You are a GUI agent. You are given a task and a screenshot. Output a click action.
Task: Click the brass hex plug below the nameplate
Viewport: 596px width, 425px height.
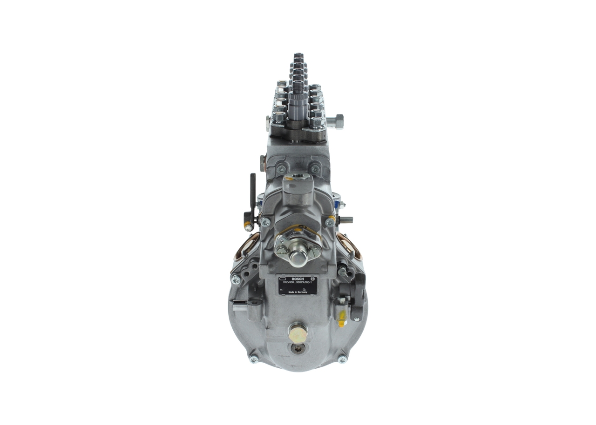298,332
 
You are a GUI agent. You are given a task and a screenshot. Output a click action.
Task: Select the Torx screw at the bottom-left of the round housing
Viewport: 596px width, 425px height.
254,359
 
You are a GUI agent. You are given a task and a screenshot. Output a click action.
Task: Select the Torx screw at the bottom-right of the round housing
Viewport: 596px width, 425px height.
342,359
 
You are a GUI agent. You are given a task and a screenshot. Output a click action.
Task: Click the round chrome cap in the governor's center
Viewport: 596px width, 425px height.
298,258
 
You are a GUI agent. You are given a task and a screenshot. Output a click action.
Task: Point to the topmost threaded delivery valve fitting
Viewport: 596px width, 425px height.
298,57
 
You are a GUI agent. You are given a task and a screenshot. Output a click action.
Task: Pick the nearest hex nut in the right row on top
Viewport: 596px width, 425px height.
317,122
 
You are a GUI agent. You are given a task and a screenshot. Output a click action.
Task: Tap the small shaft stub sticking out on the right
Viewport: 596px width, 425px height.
347,220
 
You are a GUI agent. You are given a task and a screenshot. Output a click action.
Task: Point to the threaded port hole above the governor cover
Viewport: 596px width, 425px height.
298,177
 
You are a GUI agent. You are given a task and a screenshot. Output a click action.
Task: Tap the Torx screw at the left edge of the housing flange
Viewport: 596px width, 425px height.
236,279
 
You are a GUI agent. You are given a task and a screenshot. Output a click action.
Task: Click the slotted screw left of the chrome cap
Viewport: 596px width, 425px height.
281,250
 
